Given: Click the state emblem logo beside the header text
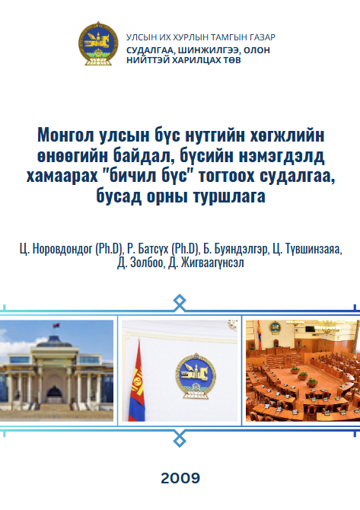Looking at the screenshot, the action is click(x=98, y=43).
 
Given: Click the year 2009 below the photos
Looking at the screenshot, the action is click(x=180, y=478).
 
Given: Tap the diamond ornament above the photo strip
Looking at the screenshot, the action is click(x=180, y=303).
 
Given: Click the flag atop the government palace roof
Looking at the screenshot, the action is click(x=56, y=326).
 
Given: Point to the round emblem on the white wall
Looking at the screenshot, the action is click(x=196, y=376).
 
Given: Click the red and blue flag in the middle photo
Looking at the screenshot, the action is click(x=137, y=381).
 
